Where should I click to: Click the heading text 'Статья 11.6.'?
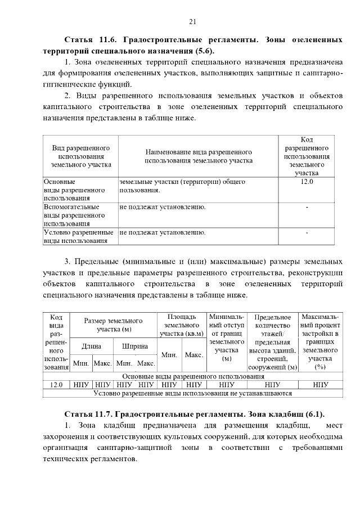[88, 40]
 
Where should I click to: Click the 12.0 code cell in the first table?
[307, 182]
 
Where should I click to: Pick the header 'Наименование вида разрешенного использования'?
[199, 156]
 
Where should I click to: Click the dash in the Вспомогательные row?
[307, 208]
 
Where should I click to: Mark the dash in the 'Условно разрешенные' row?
[307, 232]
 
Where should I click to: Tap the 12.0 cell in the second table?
[56, 385]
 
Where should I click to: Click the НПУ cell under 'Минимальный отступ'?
[227, 385]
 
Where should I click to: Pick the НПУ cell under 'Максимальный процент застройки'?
[321, 385]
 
